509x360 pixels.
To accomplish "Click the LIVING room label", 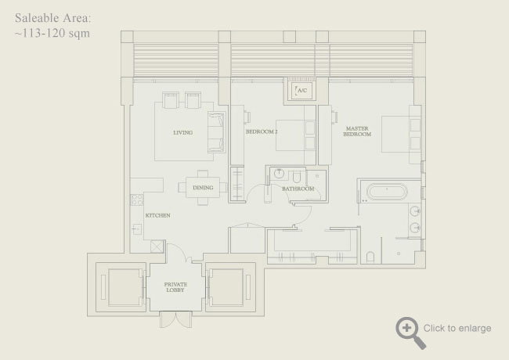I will [182, 132].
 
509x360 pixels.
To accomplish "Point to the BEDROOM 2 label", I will [262, 132].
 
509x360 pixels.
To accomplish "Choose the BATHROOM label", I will [298, 189].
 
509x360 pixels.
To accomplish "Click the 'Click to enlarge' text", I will [457, 328].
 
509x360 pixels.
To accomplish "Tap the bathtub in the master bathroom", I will [384, 190].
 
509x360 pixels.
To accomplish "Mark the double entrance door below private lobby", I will [175, 320].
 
